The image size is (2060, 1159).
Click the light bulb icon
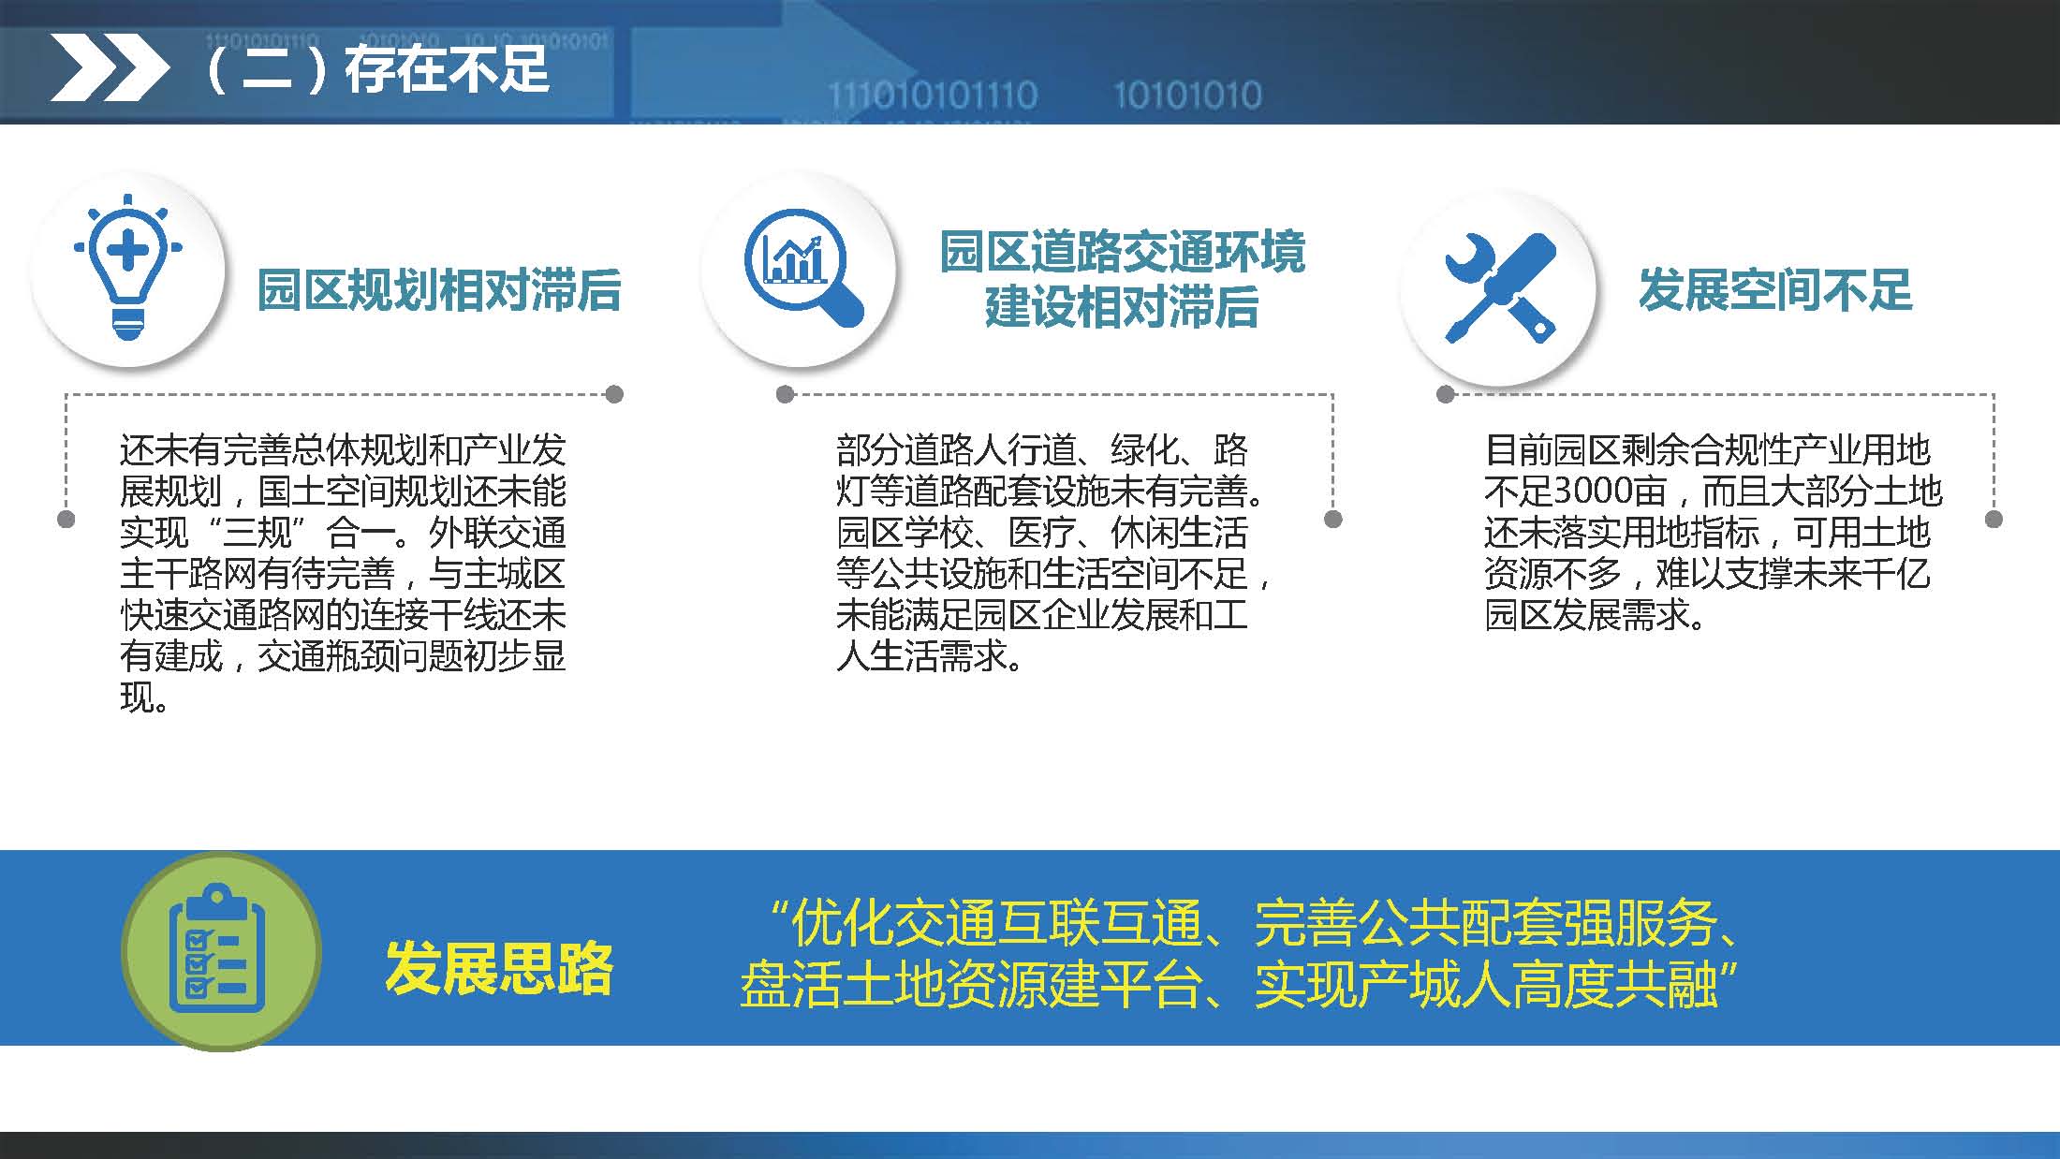[x=128, y=269]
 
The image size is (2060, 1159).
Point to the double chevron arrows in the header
[x=109, y=68]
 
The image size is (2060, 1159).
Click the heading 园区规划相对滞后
[x=439, y=289]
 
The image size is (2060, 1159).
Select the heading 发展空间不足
[x=1775, y=289]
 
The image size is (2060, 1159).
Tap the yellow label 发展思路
[x=499, y=969]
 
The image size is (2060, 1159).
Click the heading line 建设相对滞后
[x=1122, y=307]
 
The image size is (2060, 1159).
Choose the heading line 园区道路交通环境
[x=1122, y=253]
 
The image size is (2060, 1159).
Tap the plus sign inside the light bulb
[x=127, y=251]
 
